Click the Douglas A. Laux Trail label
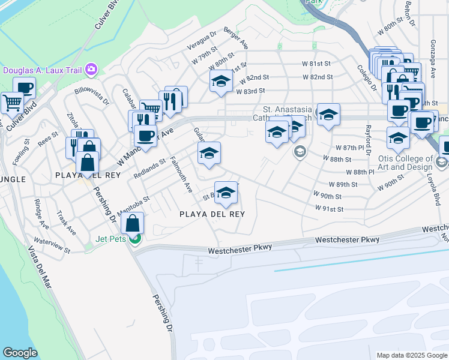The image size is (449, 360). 41,70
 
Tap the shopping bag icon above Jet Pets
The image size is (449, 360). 132,224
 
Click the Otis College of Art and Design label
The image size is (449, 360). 408,163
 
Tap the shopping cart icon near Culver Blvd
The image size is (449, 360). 12,103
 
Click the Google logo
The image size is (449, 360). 20,353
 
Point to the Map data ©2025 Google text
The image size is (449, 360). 411,355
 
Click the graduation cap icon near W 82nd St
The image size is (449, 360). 221,82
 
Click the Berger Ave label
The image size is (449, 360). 236,37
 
